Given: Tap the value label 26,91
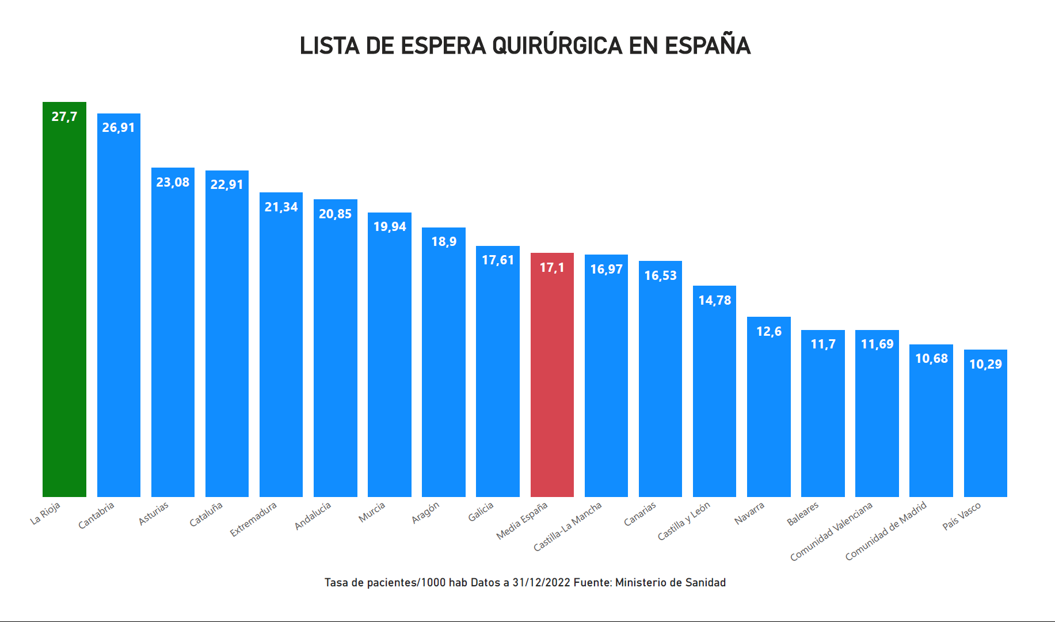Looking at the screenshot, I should coord(119,127).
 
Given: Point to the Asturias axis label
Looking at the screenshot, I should coord(154,514).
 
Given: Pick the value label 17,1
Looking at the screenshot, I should coord(552,267).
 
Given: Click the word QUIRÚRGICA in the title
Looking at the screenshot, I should coord(557,46).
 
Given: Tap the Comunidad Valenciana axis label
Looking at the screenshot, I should coord(831,532).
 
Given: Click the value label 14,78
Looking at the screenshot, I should coord(714,300).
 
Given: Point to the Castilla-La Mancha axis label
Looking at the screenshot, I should coord(568,526).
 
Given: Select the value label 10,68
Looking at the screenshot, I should coord(931,358).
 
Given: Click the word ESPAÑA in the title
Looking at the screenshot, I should coord(707,46).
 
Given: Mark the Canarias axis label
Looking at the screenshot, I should coord(639,514).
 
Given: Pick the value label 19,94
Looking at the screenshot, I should coord(390,226).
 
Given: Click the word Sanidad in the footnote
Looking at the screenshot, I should coord(705,582).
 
